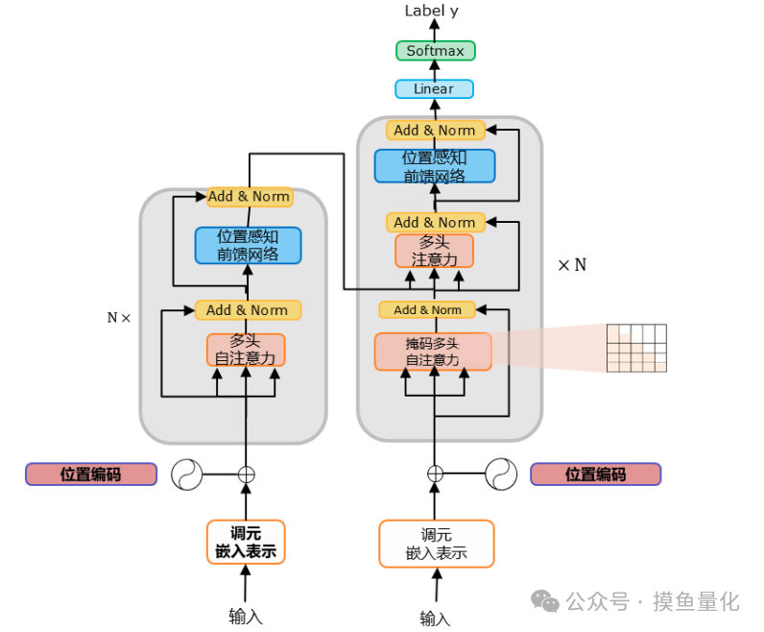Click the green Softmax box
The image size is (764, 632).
[x=435, y=51]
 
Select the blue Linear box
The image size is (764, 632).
[x=434, y=89]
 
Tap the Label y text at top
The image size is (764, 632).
[x=431, y=11]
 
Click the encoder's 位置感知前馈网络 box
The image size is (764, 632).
[x=248, y=245]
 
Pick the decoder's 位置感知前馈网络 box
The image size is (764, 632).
[x=435, y=166]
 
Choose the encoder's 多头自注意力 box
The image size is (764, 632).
[x=246, y=350]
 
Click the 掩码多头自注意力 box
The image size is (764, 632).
[x=433, y=352]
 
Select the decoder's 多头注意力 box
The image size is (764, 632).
[x=434, y=251]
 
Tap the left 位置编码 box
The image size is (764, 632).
[x=91, y=474]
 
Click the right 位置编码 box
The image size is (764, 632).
[x=595, y=474]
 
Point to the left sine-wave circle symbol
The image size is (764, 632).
[x=188, y=474]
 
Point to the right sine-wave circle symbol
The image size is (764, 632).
[x=500, y=474]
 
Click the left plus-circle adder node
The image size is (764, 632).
[x=247, y=474]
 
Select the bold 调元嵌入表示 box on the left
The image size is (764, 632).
[x=246, y=543]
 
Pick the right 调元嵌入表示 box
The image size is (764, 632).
[x=436, y=544]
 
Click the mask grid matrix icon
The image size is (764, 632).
[x=636, y=348]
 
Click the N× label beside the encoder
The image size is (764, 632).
[x=119, y=317]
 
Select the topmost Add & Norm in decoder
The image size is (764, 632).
[x=434, y=130]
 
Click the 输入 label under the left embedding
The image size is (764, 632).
[x=246, y=616]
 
